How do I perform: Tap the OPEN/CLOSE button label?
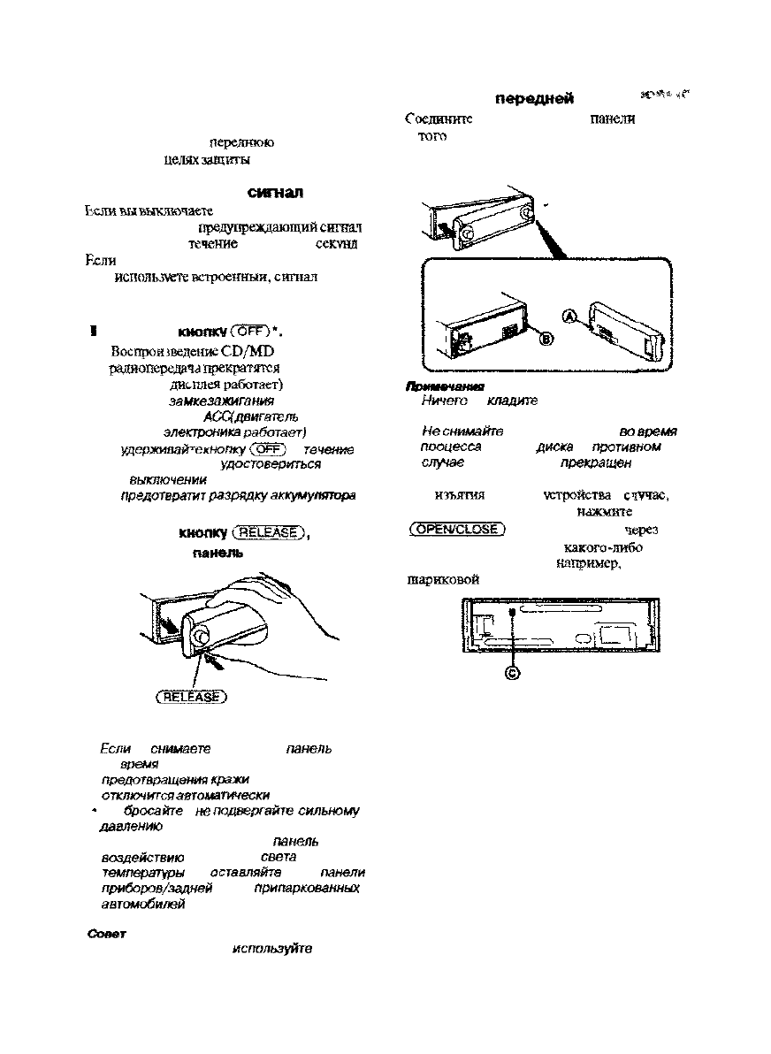pos(457,530)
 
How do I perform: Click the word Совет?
pos(105,934)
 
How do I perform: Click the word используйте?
pos(271,949)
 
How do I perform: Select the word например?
pos(587,562)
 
